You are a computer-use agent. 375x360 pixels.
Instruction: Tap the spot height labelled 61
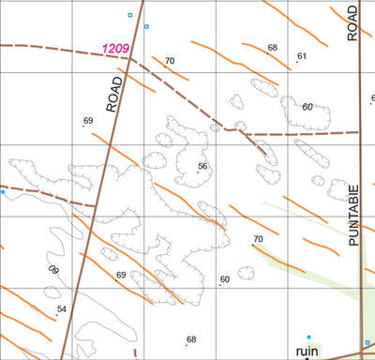pos(302,57)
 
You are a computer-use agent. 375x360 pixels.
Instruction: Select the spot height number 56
pos(202,166)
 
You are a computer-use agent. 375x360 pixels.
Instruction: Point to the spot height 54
pos(62,309)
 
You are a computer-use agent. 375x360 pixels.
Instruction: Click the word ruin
pos(307,351)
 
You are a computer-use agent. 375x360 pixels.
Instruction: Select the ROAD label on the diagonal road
pos(115,94)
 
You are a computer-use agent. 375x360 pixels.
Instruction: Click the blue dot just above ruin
pos(308,336)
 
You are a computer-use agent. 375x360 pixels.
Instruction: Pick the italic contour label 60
pos(306,106)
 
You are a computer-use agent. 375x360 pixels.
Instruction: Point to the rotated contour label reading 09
pos(52,270)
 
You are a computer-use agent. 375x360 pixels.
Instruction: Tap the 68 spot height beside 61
pos(273,48)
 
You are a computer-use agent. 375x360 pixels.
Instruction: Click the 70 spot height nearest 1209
pos(170,61)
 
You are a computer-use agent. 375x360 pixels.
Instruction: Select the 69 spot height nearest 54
pos(120,276)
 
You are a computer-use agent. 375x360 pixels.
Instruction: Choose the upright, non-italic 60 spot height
pos(225,279)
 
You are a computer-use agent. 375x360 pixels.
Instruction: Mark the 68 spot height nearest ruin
pos(191,339)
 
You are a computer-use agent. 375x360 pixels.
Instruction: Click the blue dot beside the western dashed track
pos(3,192)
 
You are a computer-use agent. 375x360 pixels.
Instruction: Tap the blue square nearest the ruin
pos(367,342)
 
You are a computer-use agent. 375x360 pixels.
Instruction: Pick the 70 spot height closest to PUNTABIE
pos(258,240)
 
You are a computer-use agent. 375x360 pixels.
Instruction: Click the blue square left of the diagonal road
pos(130,15)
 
